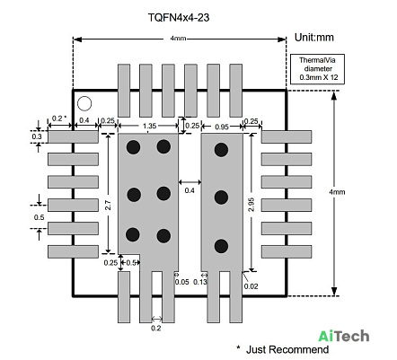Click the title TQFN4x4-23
point(179,18)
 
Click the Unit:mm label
point(314,38)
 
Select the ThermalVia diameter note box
point(318,69)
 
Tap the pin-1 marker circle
point(84,103)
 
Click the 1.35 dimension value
point(149,126)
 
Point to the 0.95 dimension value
point(222,127)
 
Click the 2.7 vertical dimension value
point(108,205)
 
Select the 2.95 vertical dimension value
point(251,205)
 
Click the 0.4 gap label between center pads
point(190,190)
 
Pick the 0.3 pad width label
point(37,136)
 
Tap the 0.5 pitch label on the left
point(39,217)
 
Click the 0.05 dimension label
point(182,282)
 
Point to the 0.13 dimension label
point(200,282)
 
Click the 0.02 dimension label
point(251,286)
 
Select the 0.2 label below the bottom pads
point(155,328)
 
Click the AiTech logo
point(344,336)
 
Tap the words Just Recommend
point(287,349)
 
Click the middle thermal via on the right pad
point(221,198)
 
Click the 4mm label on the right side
point(337,192)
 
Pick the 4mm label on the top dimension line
point(178,39)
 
